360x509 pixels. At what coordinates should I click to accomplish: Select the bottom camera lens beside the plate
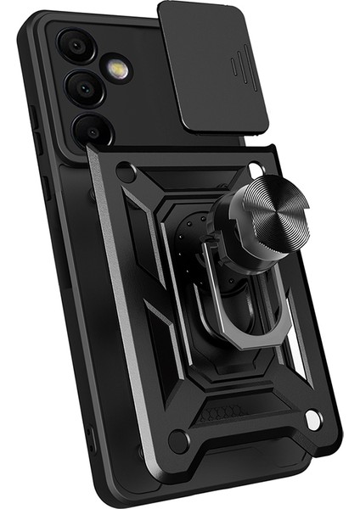(92, 129)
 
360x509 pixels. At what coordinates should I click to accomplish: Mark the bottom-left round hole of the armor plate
(177, 440)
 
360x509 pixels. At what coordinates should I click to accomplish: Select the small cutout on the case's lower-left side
(91, 438)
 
